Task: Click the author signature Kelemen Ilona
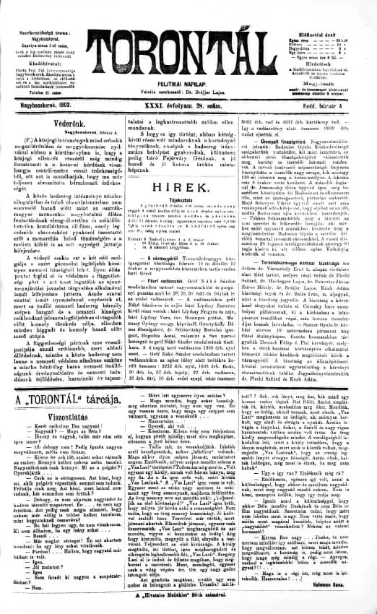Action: [x=350, y=596]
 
